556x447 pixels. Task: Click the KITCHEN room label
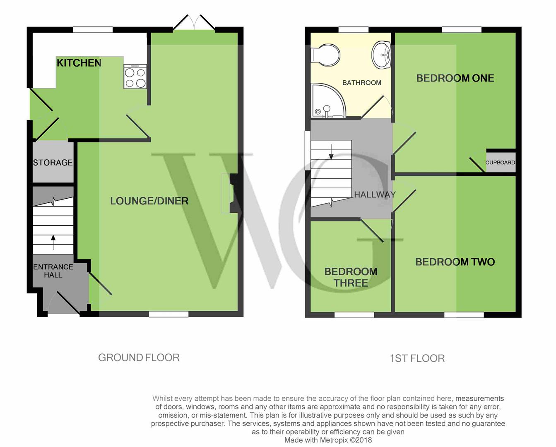coord(79,63)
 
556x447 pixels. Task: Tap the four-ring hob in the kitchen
coord(135,77)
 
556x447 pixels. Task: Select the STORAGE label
coord(53,163)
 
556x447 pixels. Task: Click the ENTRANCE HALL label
coord(53,271)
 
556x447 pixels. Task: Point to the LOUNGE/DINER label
coord(149,201)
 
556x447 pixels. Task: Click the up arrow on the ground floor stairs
coord(53,243)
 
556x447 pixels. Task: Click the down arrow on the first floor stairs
coord(331,151)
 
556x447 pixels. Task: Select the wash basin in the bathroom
coord(381,55)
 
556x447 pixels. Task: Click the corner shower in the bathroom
coord(328,100)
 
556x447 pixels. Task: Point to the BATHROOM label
coord(362,83)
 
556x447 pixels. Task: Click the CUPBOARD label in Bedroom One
coord(500,163)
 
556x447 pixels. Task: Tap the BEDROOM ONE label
coord(455,78)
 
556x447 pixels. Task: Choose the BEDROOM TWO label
coord(455,262)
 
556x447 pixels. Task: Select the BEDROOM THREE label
coord(351,277)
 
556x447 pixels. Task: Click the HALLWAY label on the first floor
coord(375,195)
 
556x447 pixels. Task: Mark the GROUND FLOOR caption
coord(139,358)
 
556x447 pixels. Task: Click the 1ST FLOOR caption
coord(417,358)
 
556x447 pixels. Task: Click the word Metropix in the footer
coord(334,440)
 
